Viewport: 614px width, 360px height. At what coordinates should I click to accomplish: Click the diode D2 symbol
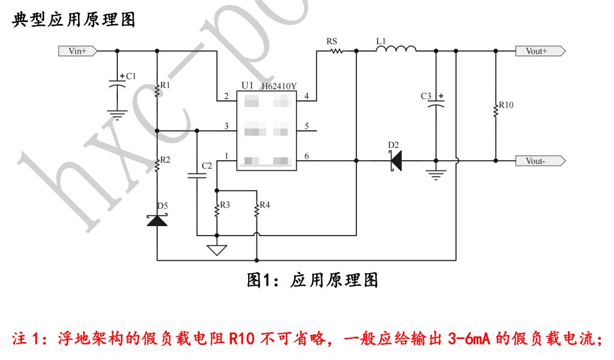(395, 161)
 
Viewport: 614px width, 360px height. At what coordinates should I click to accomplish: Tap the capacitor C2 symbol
(197, 175)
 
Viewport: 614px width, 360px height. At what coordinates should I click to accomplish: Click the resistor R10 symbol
(496, 109)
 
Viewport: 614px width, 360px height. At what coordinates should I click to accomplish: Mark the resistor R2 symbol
(157, 164)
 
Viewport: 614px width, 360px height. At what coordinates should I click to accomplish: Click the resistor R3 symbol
(216, 209)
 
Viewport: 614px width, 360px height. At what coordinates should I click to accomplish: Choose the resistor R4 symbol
(256, 209)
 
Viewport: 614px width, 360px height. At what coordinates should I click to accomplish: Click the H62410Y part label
(279, 87)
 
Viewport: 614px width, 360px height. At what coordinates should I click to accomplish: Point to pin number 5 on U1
(306, 127)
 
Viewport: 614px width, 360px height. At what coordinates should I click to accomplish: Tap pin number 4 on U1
(306, 96)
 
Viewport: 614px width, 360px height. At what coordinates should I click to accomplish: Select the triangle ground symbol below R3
(216, 250)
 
